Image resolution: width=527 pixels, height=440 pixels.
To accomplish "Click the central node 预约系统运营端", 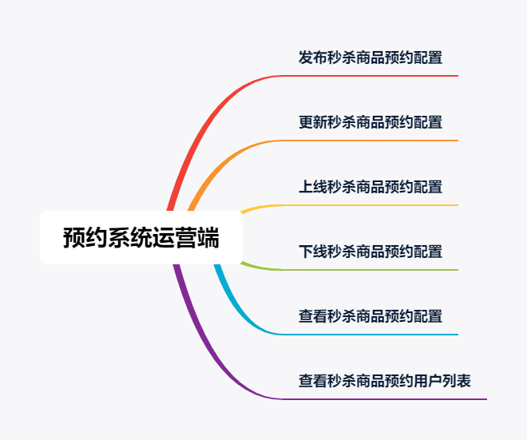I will (x=141, y=237).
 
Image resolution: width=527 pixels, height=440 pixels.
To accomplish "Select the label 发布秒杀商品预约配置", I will (x=370, y=57).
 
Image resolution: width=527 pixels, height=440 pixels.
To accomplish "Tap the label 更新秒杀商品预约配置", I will (x=370, y=122).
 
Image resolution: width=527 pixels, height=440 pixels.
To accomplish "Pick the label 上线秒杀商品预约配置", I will (x=370, y=187).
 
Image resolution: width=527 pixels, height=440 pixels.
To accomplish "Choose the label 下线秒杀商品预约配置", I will (x=370, y=252).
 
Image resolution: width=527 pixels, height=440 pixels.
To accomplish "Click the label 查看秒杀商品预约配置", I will (x=370, y=316).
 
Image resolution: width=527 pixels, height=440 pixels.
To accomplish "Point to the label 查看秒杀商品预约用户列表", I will (x=385, y=381).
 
